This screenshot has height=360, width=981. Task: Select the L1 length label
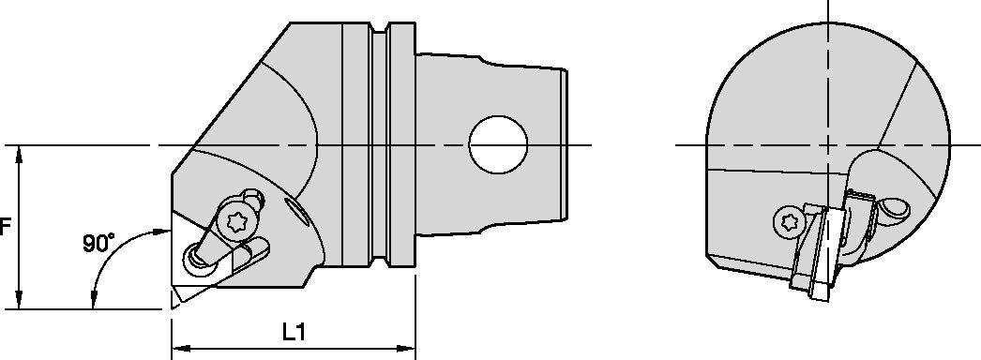(x=294, y=332)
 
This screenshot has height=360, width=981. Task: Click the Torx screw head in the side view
(x=237, y=221)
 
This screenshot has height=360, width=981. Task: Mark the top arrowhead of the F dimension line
(x=18, y=152)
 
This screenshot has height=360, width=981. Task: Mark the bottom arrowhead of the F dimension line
(x=18, y=302)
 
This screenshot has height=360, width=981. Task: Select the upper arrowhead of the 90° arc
(x=164, y=230)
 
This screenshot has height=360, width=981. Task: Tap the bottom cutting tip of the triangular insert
(x=175, y=301)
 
